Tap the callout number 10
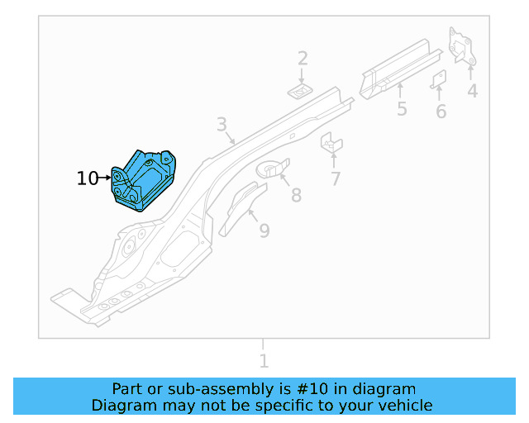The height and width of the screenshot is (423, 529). point(87,178)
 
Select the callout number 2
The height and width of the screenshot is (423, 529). point(303,58)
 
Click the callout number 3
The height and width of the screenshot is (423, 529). point(222,125)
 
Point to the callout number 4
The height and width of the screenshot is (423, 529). point(472,91)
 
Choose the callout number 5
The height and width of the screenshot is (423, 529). point(402,109)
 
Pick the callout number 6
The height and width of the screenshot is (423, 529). point(441,112)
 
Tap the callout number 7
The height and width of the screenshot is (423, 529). point(335,178)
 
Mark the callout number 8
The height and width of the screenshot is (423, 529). point(295,195)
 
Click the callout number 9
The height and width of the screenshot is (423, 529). point(264,231)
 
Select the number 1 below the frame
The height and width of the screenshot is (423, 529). point(264,361)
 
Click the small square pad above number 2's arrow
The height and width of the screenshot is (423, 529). point(301,88)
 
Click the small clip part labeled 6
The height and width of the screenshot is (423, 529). point(440,78)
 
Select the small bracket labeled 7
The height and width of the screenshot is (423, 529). point(331,142)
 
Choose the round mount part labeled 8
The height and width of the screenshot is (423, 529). point(272,169)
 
